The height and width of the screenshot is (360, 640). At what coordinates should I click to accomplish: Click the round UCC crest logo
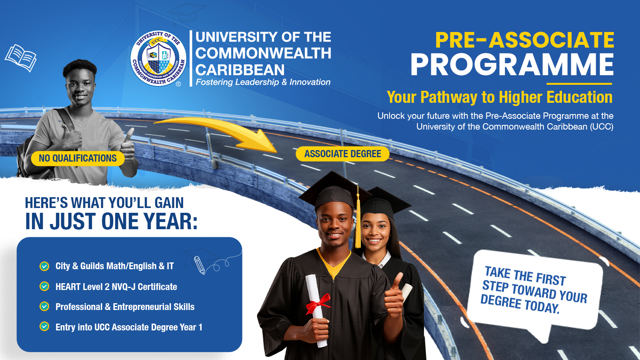click(158, 58)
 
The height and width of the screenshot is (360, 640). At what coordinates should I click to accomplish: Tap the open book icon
click(20, 58)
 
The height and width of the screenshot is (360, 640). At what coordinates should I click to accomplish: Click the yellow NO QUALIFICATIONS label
click(78, 158)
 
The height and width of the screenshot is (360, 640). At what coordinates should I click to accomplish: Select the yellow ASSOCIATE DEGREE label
click(342, 154)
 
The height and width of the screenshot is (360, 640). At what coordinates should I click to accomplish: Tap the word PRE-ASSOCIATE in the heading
click(524, 40)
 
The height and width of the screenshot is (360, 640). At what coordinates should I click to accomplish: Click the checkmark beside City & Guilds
click(44, 266)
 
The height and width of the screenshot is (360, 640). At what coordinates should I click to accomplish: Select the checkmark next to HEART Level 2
click(44, 286)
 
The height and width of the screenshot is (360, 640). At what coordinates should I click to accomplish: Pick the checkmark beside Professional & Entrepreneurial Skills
click(44, 306)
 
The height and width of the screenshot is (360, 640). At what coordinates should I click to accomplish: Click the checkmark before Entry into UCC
click(44, 326)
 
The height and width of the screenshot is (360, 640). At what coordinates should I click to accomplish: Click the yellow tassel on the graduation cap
click(358, 220)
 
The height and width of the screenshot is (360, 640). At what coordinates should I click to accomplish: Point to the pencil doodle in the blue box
click(200, 265)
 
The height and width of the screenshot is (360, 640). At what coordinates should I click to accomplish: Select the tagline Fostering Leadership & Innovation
click(263, 82)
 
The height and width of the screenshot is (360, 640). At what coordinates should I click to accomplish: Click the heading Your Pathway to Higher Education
click(500, 97)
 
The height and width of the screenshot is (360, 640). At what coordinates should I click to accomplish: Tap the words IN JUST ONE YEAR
click(112, 222)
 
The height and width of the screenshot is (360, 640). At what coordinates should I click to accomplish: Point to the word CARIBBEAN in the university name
click(240, 70)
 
